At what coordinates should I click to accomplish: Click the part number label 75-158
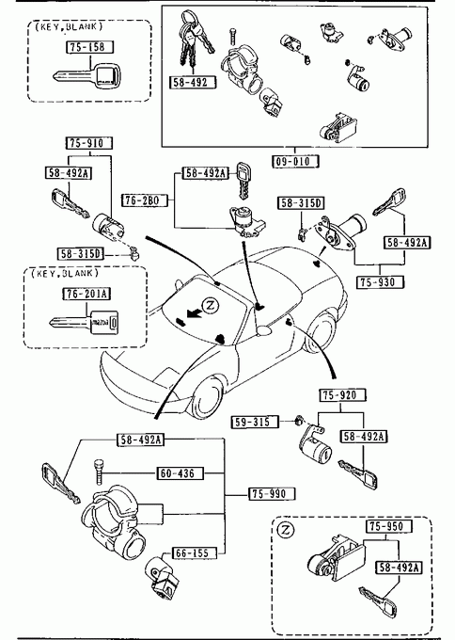[89, 47]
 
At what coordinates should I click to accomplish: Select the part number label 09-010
[295, 161]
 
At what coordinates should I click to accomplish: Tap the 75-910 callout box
[89, 143]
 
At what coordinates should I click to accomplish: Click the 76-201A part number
[86, 294]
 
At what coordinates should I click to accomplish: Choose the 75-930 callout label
[381, 282]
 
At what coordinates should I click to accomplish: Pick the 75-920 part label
[342, 395]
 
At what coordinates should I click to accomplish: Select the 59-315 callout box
[255, 422]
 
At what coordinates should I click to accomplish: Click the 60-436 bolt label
[180, 473]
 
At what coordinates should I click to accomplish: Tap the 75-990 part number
[272, 494]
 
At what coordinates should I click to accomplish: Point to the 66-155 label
[194, 553]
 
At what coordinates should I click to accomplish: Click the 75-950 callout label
[388, 526]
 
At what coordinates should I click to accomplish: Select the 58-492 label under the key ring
[193, 83]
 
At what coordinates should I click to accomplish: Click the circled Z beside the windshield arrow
[211, 305]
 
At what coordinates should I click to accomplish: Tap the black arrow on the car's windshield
[194, 313]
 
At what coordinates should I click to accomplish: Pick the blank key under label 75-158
[87, 76]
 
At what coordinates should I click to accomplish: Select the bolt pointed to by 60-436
[98, 473]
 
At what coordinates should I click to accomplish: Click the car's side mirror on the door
[265, 329]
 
